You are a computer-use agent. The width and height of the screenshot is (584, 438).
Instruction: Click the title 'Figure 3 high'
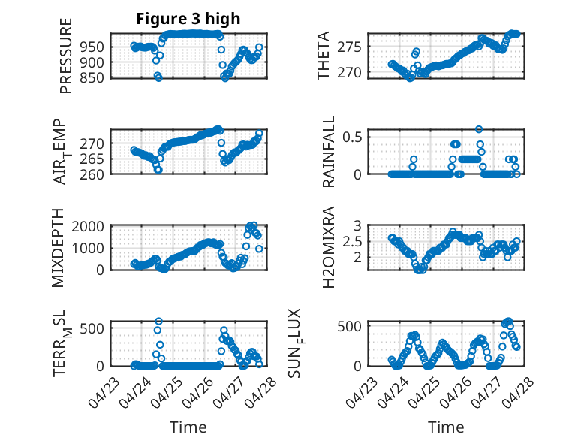pos(188,19)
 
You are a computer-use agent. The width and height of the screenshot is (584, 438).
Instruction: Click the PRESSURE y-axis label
pos(65,56)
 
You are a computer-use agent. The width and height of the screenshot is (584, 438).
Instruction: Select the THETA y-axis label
pos(324,56)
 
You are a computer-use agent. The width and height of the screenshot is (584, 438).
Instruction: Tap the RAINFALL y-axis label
pos(329,152)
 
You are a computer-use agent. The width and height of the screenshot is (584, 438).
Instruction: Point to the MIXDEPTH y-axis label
pos(58,248)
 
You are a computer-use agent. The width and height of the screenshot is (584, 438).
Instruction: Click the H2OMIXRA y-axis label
pos(329,247)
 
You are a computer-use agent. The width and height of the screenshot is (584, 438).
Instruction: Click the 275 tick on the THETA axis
pos(349,47)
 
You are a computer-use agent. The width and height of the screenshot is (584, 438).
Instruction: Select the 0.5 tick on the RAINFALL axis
pos(352,137)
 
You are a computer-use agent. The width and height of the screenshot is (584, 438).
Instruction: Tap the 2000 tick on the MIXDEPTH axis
pos(88,226)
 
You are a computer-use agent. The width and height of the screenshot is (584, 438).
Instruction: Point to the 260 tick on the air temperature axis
pos(92,174)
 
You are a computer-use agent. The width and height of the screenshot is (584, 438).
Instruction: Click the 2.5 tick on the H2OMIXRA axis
pos(352,242)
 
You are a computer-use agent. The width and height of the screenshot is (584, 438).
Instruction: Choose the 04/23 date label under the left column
pos(104,392)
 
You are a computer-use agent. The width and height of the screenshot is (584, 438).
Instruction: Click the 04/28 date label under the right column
pos(518,392)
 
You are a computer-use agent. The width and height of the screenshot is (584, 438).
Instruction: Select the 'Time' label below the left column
pos(188,427)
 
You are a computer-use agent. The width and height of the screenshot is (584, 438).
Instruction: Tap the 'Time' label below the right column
pos(446,427)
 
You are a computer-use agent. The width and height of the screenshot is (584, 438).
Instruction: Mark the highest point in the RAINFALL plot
pos(479,129)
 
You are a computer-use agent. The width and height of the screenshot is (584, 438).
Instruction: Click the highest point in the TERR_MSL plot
pos(158,322)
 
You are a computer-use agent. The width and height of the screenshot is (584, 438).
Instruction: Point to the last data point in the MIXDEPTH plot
pos(259,249)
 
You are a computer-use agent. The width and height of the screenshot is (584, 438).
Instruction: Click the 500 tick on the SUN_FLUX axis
pos(349,326)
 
